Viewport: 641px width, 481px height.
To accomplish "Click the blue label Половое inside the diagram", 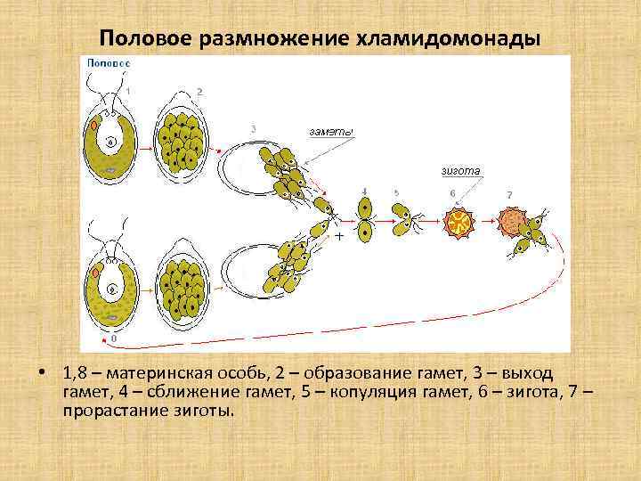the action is point(108,64).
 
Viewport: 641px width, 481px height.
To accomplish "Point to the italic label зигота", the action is point(460,170).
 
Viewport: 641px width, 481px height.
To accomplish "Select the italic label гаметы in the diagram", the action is point(331,133).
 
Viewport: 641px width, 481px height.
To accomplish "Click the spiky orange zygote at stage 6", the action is point(460,223).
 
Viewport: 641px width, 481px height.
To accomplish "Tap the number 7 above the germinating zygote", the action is point(509,194).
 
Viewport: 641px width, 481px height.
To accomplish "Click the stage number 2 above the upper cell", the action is point(199,92).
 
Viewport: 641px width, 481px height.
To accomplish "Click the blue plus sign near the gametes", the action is point(339,237).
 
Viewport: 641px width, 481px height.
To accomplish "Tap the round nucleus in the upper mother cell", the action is point(111,143).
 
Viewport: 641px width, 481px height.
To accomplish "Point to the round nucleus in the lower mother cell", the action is point(112,290).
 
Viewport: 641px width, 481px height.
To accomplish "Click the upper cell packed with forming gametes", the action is point(184,143).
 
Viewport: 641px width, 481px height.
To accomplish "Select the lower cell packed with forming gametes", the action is point(184,290).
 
